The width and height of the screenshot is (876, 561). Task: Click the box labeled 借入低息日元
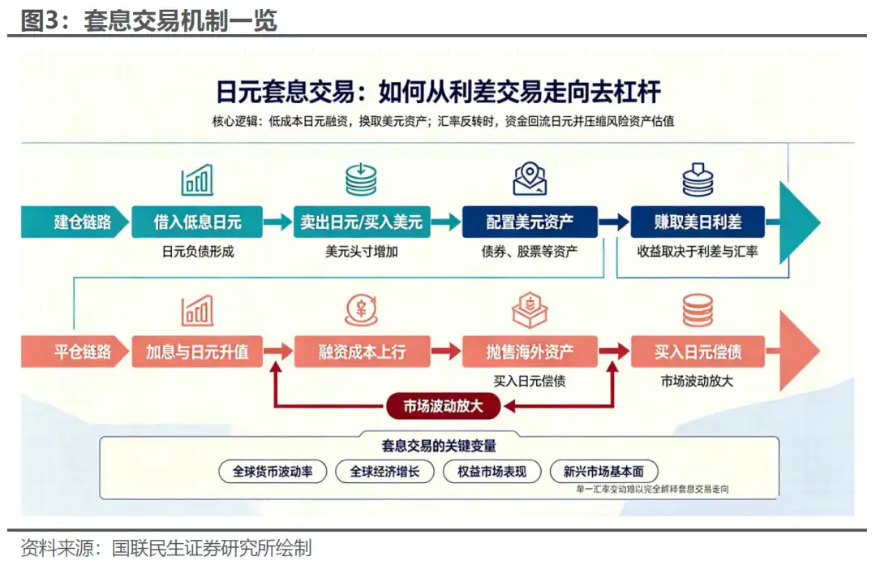[197, 222]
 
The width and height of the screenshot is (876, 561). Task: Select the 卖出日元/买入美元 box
[362, 222]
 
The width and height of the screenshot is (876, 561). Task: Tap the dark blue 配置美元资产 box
[530, 222]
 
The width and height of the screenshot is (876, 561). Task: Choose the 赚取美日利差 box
[698, 222]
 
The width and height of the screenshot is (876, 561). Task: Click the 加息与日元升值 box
[197, 352]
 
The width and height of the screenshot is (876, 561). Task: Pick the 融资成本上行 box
[362, 352]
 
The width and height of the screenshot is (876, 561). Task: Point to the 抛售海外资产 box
[530, 352]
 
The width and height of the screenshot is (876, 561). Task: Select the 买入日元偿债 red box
[698, 352]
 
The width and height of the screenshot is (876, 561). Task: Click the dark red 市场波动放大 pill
[444, 406]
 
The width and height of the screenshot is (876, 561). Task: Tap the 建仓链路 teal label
[75, 222]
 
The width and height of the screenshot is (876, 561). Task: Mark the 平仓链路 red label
[75, 352]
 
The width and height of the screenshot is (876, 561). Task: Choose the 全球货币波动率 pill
[273, 472]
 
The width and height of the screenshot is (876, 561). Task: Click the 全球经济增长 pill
[385, 472]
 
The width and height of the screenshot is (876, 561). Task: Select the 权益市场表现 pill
[492, 472]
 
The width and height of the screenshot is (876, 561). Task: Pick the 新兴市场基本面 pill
[604, 472]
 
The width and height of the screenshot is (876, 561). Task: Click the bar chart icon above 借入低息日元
[197, 179]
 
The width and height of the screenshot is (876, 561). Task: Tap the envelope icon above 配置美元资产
[530, 179]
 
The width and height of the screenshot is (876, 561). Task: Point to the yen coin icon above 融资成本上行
[362, 310]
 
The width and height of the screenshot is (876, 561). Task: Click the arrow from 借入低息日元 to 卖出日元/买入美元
[277, 222]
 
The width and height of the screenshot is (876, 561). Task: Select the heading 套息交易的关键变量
[439, 446]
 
